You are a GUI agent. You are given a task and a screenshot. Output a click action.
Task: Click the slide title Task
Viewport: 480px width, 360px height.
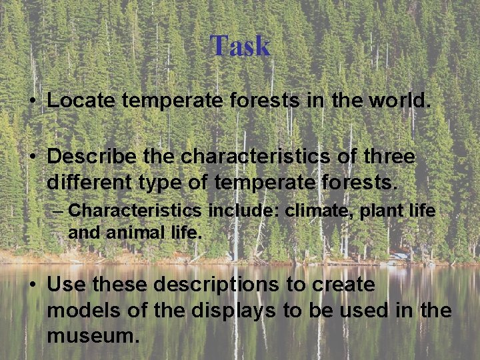(x=240, y=46)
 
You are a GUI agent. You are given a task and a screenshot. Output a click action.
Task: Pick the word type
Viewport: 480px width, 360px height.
(x=160, y=181)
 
